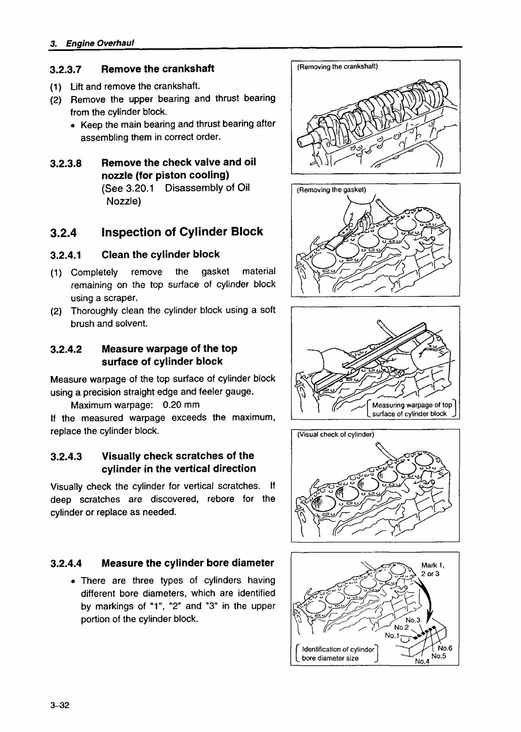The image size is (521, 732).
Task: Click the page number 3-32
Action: click(x=60, y=705)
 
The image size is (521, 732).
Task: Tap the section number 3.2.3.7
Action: click(x=66, y=70)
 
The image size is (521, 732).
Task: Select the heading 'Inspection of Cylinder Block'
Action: click(x=182, y=232)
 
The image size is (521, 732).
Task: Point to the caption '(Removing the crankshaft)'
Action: click(x=337, y=67)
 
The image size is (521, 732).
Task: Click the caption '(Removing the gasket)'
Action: click(x=331, y=190)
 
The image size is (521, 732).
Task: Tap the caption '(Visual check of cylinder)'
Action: click(x=335, y=435)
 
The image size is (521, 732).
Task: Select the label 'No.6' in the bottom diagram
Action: click(x=445, y=648)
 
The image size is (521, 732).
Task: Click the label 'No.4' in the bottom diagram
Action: click(x=422, y=661)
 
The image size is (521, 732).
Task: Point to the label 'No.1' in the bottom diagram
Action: click(x=392, y=636)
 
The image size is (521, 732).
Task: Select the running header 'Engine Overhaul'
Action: click(x=99, y=43)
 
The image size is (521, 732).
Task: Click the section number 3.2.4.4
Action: click(x=66, y=564)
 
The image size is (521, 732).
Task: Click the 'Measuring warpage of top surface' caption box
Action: click(x=411, y=409)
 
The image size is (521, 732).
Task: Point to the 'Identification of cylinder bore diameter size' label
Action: click(x=337, y=654)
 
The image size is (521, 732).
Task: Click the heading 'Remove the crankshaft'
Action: click(x=157, y=69)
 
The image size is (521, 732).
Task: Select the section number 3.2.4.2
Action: click(x=66, y=349)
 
